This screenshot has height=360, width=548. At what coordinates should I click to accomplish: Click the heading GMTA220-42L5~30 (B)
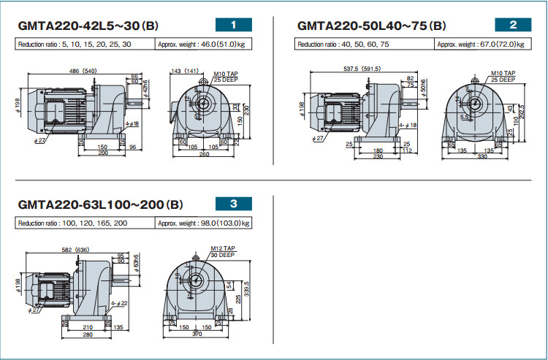[x=87, y=26]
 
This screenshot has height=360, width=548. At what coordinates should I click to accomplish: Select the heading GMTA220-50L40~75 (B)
[x=371, y=26]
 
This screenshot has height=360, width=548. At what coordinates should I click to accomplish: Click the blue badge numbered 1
[x=233, y=25]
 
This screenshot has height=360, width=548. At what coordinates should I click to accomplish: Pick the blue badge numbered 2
[x=513, y=25]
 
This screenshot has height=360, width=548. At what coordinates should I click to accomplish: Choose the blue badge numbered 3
[x=233, y=204]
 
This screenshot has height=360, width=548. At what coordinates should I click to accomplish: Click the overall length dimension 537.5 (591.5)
[x=365, y=69]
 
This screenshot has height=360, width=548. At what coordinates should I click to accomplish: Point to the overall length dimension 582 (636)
[x=75, y=250]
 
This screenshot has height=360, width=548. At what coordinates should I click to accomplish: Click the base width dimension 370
[x=197, y=333]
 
